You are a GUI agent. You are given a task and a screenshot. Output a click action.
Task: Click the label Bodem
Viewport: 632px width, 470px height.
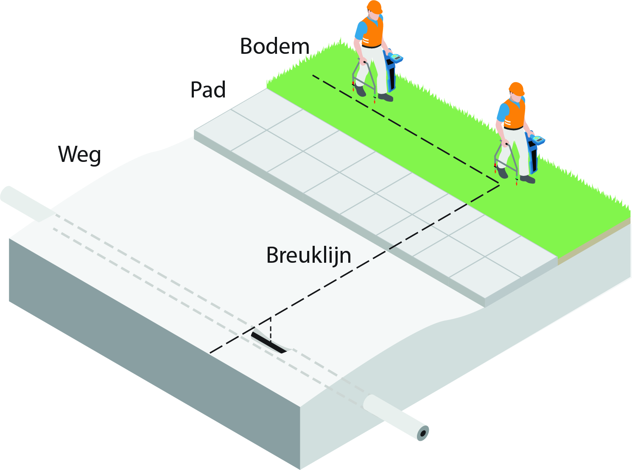[275, 46]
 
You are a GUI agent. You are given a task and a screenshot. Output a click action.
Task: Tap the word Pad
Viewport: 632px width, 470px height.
[208, 90]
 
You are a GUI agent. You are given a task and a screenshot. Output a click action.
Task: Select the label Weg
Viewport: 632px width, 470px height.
[79, 154]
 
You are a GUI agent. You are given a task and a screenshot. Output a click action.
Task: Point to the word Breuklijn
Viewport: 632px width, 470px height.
[309, 256]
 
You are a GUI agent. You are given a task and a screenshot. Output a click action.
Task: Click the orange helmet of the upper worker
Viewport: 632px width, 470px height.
[375, 7]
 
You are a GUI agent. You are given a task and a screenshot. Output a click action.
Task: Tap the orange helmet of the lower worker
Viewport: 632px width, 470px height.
[517, 89]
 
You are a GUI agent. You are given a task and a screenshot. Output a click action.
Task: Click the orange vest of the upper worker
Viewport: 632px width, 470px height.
[372, 32]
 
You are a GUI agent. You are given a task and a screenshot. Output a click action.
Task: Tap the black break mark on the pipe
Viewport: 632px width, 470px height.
[268, 343]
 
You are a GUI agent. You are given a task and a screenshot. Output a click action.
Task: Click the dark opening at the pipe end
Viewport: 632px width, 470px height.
[423, 434]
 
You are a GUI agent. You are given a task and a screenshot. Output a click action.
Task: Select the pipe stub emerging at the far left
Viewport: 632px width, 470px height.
[27, 203]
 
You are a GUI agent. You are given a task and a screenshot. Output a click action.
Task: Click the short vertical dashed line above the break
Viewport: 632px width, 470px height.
[271, 330]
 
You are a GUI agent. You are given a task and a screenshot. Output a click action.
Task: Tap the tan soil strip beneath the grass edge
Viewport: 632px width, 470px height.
[594, 241]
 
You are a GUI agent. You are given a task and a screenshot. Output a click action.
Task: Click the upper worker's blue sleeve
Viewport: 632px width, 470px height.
[360, 31]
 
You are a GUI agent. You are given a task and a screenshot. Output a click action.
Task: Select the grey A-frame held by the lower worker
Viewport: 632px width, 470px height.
[506, 161]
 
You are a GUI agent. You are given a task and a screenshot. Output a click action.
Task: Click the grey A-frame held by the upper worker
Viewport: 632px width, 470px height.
[364, 79]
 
